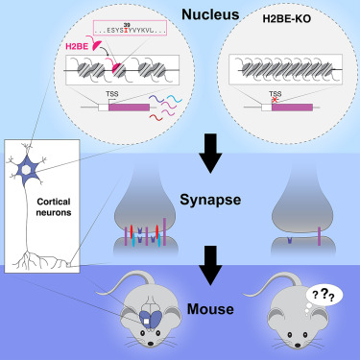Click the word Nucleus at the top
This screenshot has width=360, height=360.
pyautogui.click(x=210, y=14)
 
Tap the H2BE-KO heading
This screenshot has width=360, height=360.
pyautogui.click(x=287, y=19)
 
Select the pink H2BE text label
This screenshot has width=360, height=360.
pyautogui.click(x=77, y=46)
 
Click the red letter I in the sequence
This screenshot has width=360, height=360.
pyautogui.click(x=127, y=31)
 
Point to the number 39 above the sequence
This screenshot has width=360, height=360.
pyautogui.click(x=127, y=25)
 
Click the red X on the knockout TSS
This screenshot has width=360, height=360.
pyautogui.click(x=275, y=100)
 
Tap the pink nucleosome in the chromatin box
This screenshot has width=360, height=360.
pyautogui.click(x=116, y=68)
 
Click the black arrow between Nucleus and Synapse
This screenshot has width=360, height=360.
pyautogui.click(x=210, y=154)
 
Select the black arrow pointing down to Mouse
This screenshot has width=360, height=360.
pyautogui.click(x=210, y=265)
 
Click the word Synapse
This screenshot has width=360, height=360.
pyautogui.click(x=210, y=200)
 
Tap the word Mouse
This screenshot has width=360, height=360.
pyautogui.click(x=210, y=309)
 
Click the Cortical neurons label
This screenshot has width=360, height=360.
pyautogui.click(x=54, y=207)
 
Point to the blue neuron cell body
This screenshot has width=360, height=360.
pyautogui.click(x=28, y=170)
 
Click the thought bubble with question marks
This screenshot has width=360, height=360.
pyautogui.click(x=324, y=295)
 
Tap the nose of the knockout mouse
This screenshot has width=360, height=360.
pyautogui.click(x=298, y=346)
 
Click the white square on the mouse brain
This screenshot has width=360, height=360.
pyautogui.click(x=146, y=322)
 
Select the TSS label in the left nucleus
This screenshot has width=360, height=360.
pyautogui.click(x=112, y=94)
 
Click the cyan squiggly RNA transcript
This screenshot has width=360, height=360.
pyautogui.click(x=174, y=99)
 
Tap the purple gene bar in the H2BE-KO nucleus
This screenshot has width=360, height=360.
pyautogui.click(x=292, y=108)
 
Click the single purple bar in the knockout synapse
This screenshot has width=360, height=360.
pyautogui.click(x=319, y=236)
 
